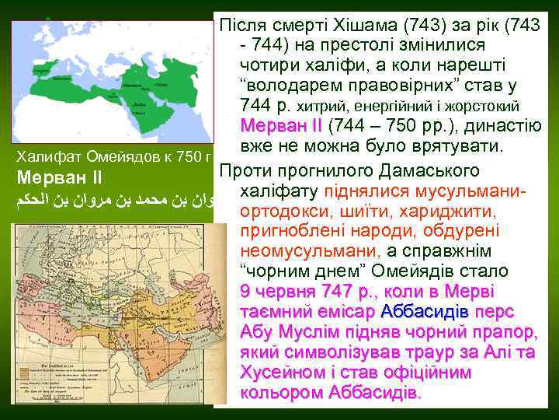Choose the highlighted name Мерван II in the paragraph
pyautogui.click(x=280, y=126)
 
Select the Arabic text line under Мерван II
pyautogui.click(x=113, y=202)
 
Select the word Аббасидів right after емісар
pyautogui.click(x=424, y=312)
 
